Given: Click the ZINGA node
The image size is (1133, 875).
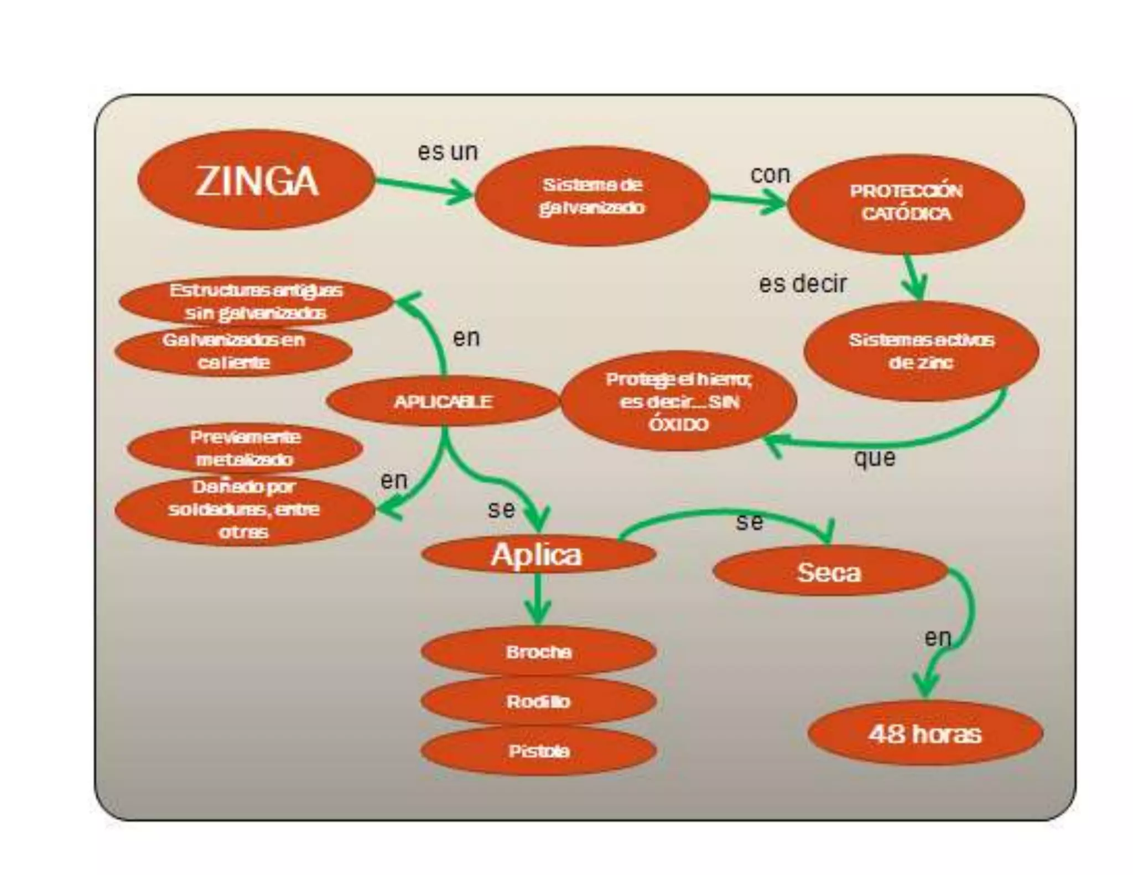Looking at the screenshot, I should pyautogui.click(x=256, y=180).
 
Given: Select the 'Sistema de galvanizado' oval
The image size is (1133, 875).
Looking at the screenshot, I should pyautogui.click(x=591, y=196).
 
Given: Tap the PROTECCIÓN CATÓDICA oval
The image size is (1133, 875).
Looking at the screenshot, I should pyautogui.click(x=906, y=203).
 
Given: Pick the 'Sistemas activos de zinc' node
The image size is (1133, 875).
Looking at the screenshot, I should pyautogui.click(x=921, y=351).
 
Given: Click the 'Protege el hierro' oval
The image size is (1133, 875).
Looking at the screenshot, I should pyautogui.click(x=678, y=402).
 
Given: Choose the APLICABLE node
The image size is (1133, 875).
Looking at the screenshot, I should pyautogui.click(x=443, y=401).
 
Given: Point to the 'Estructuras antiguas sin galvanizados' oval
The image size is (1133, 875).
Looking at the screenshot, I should pyautogui.click(x=255, y=301).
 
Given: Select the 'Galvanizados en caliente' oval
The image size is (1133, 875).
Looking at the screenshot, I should pyautogui.click(x=233, y=351).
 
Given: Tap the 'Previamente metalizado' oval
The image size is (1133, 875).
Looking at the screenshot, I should pyautogui.click(x=245, y=448).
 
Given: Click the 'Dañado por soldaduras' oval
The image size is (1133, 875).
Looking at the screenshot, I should pyautogui.click(x=244, y=509).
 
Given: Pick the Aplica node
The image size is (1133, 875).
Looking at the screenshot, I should pyautogui.click(x=538, y=555).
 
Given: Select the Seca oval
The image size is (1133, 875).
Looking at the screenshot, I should pyautogui.click(x=829, y=572).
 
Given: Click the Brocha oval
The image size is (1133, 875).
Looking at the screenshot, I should pyautogui.click(x=538, y=652).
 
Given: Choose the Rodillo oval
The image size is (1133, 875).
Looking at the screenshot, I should pyautogui.click(x=538, y=701).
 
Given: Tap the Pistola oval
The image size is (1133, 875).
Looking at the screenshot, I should pyautogui.click(x=538, y=751).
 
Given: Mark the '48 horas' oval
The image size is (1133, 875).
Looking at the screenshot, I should pyautogui.click(x=925, y=734).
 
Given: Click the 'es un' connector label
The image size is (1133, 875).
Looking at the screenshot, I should pyautogui.click(x=448, y=152).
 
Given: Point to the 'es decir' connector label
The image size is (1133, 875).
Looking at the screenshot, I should pyautogui.click(x=802, y=284).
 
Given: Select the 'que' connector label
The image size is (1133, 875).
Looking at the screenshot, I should pyautogui.click(x=874, y=457).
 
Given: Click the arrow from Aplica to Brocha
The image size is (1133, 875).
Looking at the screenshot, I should pyautogui.click(x=537, y=600).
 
